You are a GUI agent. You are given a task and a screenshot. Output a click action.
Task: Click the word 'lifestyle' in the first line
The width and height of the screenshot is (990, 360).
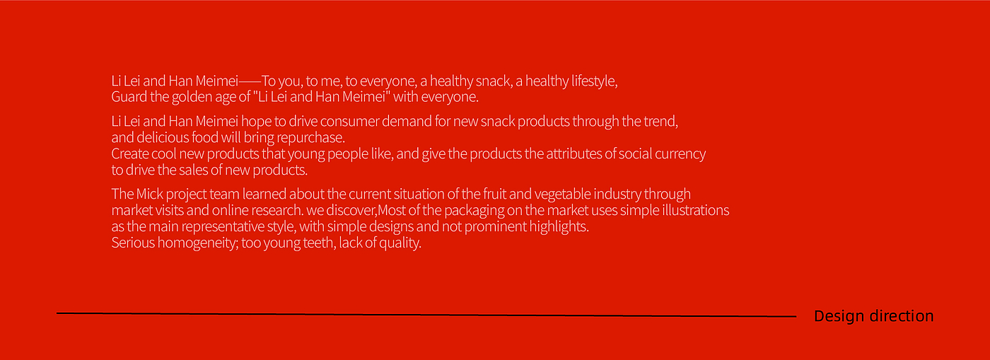(x=593, y=81)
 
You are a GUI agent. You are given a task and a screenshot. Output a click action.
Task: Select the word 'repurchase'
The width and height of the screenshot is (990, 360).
(x=310, y=138)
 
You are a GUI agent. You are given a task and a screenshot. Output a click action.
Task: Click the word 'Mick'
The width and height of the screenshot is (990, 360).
(x=149, y=194)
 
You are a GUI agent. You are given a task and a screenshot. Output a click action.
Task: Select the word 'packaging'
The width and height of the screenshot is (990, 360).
(x=474, y=211)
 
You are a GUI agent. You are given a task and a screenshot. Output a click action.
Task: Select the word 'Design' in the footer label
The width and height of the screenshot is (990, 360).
(x=839, y=316)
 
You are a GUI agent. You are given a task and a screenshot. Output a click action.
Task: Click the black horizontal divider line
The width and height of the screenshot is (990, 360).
(x=426, y=315)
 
